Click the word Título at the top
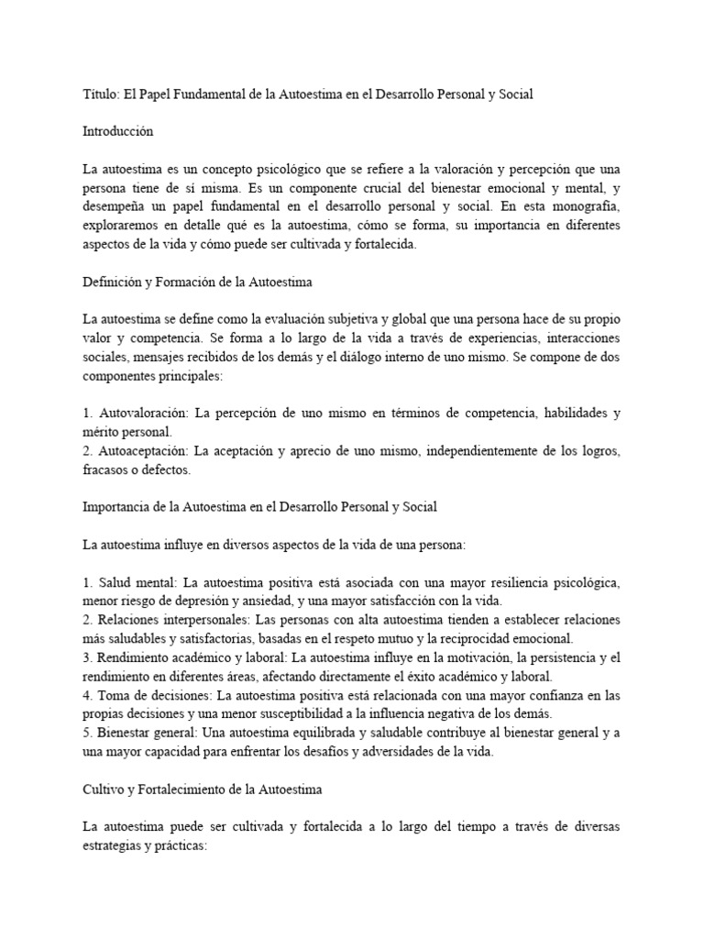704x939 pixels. pos(100,94)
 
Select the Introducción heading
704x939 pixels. pos(118,131)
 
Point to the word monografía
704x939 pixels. pos(584,206)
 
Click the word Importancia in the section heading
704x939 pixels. pos(115,507)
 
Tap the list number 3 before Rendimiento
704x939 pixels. pos(86,657)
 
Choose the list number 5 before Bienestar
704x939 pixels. pos(86,733)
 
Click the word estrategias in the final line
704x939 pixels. pos(115,845)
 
